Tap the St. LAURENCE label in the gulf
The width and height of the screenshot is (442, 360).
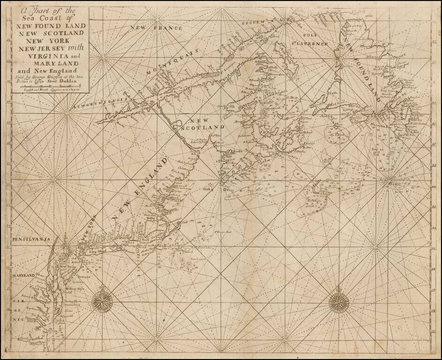click(x=310, y=44)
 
